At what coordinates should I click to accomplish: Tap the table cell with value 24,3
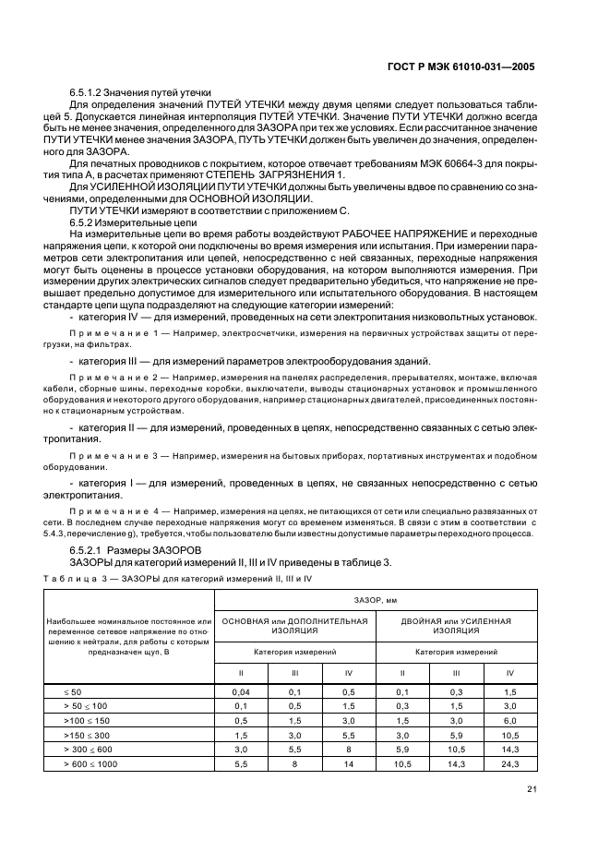click(x=509, y=764)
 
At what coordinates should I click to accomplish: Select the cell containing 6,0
click(x=509, y=720)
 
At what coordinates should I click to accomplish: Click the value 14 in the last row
click(x=349, y=764)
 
